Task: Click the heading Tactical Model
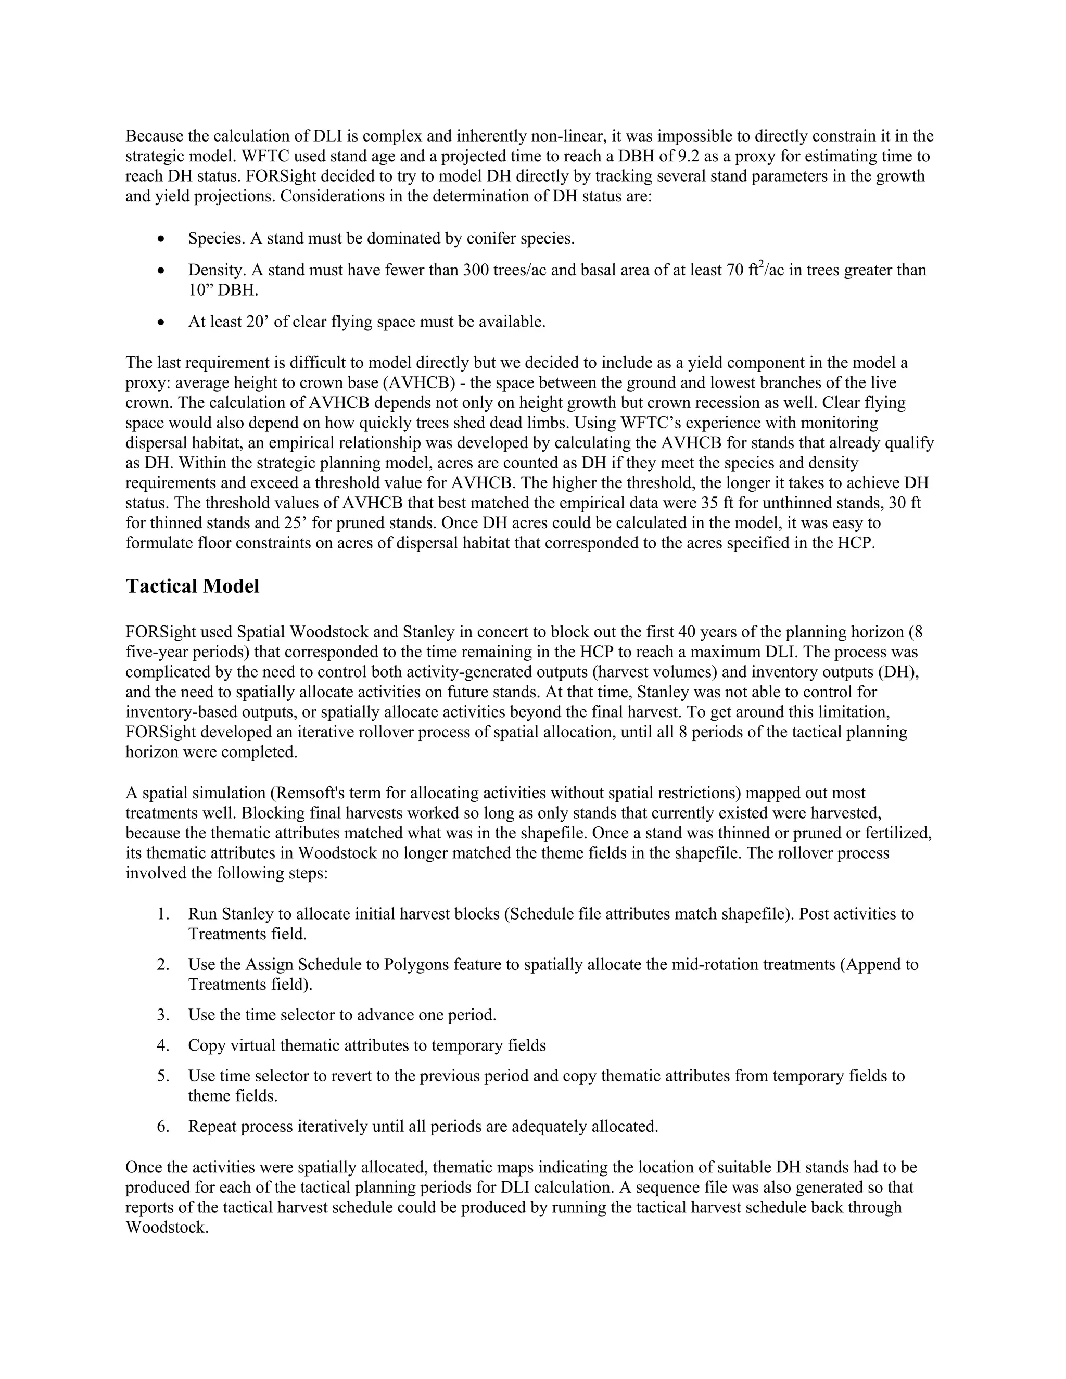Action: click(192, 586)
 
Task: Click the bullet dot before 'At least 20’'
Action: click(162, 323)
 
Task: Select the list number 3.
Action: click(163, 1015)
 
